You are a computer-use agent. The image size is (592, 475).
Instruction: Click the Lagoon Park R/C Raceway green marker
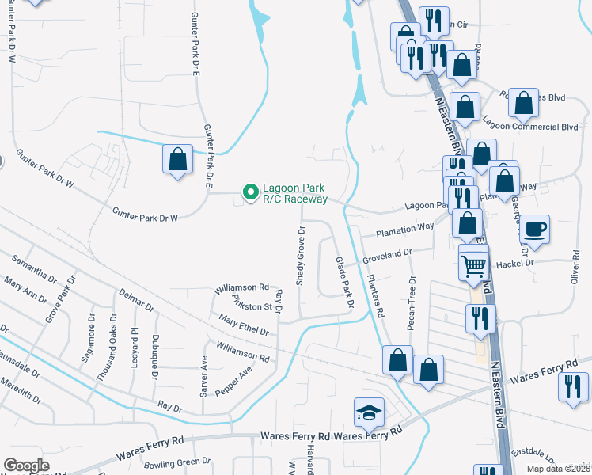(251, 192)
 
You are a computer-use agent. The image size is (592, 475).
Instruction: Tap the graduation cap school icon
(368, 412)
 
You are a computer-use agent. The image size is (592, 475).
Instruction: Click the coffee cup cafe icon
(535, 229)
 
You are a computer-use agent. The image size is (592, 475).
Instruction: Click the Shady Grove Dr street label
(301, 256)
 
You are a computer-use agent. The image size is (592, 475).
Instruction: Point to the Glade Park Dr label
(343, 283)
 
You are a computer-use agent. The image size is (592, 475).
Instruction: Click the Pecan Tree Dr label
(412, 302)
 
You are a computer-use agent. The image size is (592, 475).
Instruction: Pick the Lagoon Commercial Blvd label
(541, 127)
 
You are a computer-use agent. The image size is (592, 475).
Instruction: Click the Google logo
(27, 465)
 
